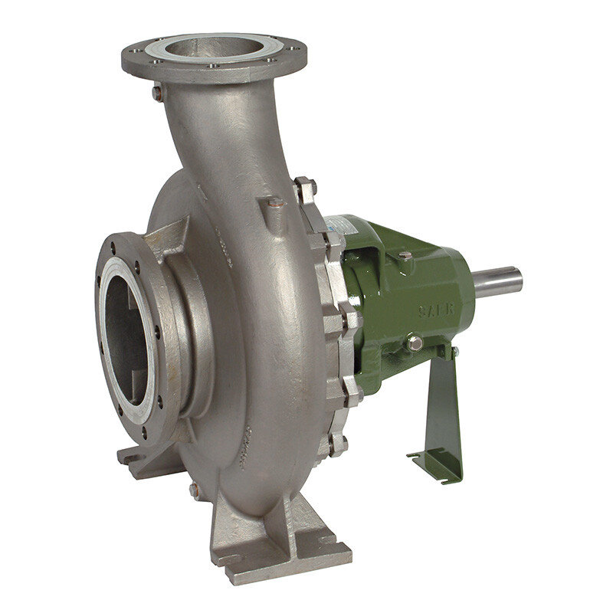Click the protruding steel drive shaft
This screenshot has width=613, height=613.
[x=498, y=283]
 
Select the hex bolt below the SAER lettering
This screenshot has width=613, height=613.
[x=415, y=343]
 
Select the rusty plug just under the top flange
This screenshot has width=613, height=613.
[x=158, y=93]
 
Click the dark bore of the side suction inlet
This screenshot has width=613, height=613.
[x=126, y=329]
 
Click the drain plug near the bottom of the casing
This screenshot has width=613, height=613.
[x=195, y=489]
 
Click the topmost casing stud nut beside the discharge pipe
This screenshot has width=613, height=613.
[x=305, y=186]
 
